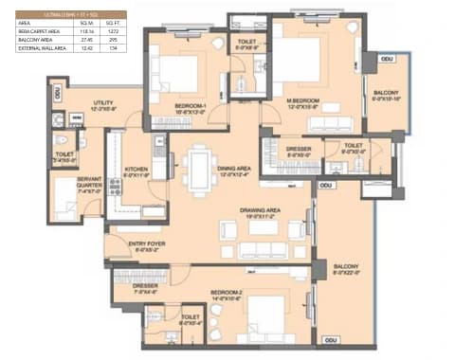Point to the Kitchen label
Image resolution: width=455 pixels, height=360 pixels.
(x=137, y=170)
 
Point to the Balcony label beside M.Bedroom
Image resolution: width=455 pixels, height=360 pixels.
(x=386, y=92)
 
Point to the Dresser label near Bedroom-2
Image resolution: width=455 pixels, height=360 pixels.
(x=145, y=284)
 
